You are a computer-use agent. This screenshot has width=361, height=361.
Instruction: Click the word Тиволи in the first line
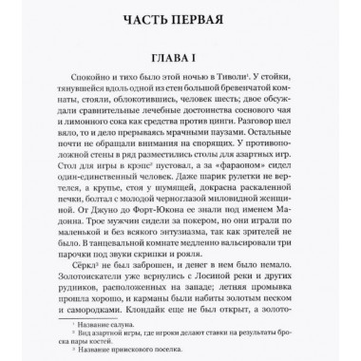258,82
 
